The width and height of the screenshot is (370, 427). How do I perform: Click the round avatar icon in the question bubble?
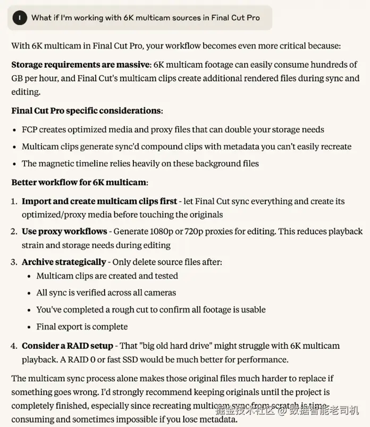(x=20, y=18)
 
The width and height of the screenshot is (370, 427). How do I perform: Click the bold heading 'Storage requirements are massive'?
(x=81, y=65)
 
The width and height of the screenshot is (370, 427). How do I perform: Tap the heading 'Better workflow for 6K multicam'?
(x=79, y=183)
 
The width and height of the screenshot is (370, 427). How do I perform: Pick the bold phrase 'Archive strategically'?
(x=64, y=262)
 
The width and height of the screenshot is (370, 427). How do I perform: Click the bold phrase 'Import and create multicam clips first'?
(x=99, y=201)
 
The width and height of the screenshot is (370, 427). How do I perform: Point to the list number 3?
(x=14, y=262)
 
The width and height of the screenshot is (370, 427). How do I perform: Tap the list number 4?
(x=14, y=346)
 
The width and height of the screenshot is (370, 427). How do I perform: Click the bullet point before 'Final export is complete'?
(x=30, y=327)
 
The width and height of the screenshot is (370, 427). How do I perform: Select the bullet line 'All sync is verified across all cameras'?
(x=106, y=293)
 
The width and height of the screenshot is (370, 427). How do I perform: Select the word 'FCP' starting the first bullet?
(x=30, y=129)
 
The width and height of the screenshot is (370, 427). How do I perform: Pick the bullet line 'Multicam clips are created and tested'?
(x=107, y=276)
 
